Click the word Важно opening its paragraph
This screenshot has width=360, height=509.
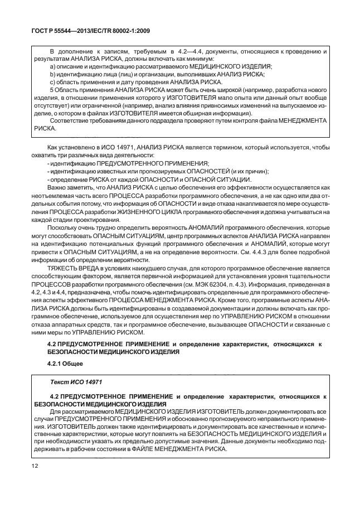59,190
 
